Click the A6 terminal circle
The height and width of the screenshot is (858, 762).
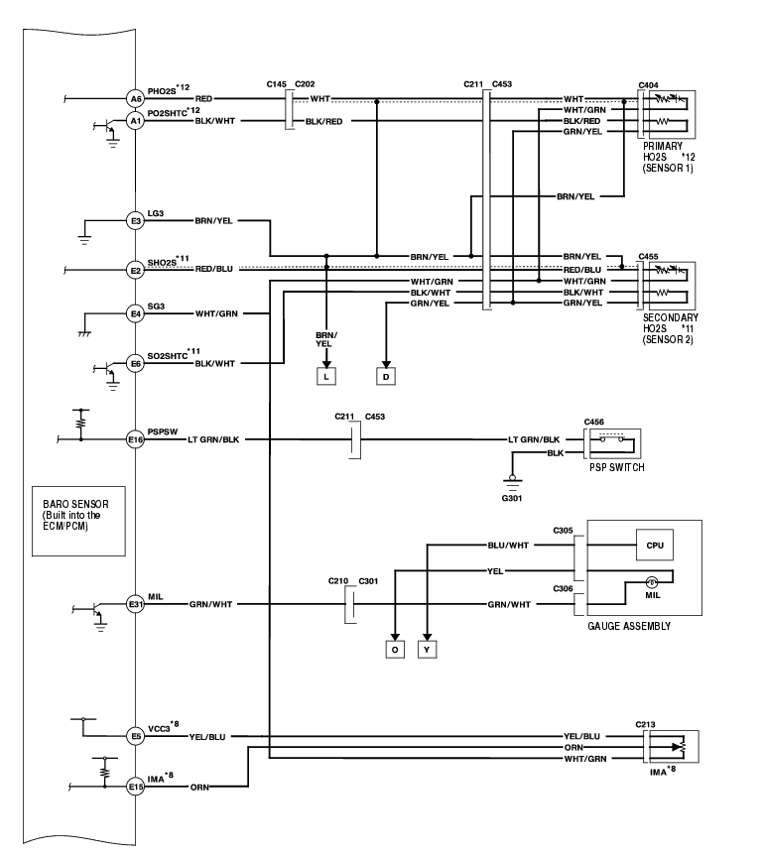pyautogui.click(x=135, y=99)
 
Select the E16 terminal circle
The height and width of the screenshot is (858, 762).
pyautogui.click(x=135, y=439)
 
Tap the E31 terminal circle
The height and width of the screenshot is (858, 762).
pyautogui.click(x=135, y=604)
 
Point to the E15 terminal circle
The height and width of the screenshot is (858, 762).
pyautogui.click(x=135, y=787)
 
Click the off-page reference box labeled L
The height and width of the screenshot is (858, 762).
pyautogui.click(x=326, y=377)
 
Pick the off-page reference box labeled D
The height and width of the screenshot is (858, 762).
pyautogui.click(x=386, y=377)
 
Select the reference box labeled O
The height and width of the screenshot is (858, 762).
pyautogui.click(x=395, y=650)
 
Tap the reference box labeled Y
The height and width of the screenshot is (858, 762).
pyautogui.click(x=427, y=650)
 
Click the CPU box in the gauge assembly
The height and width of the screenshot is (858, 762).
pyautogui.click(x=655, y=545)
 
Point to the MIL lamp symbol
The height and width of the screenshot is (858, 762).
pyautogui.click(x=652, y=582)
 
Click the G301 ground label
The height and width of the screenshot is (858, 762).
pyautogui.click(x=512, y=499)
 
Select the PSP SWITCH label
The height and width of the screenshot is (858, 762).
pyautogui.click(x=617, y=468)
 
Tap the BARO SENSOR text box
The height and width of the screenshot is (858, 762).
pyautogui.click(x=78, y=521)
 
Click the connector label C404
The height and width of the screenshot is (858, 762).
pyautogui.click(x=648, y=85)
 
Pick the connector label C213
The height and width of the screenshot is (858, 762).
pyautogui.click(x=645, y=724)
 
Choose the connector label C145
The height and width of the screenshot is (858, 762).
pyautogui.click(x=277, y=84)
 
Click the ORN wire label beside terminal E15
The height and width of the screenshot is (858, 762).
pyautogui.click(x=199, y=788)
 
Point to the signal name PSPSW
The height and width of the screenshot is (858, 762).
pyautogui.click(x=163, y=431)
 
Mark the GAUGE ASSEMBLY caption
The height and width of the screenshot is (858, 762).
pyautogui.click(x=629, y=627)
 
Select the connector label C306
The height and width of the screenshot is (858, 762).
pyautogui.click(x=563, y=589)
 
